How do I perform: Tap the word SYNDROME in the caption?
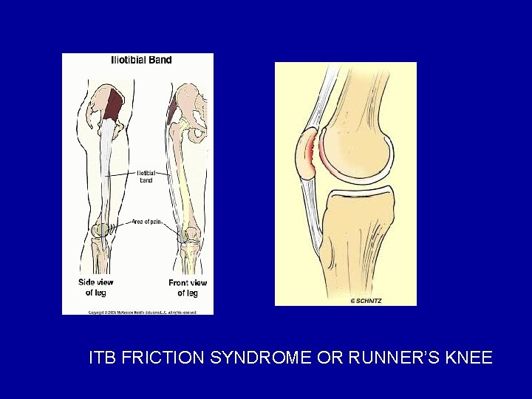[262, 358]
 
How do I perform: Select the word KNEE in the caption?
[469, 358]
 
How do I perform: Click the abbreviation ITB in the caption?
[102, 358]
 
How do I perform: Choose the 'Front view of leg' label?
[188, 287]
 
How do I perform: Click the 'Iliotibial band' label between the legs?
[145, 177]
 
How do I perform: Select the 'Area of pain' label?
[146, 221]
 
